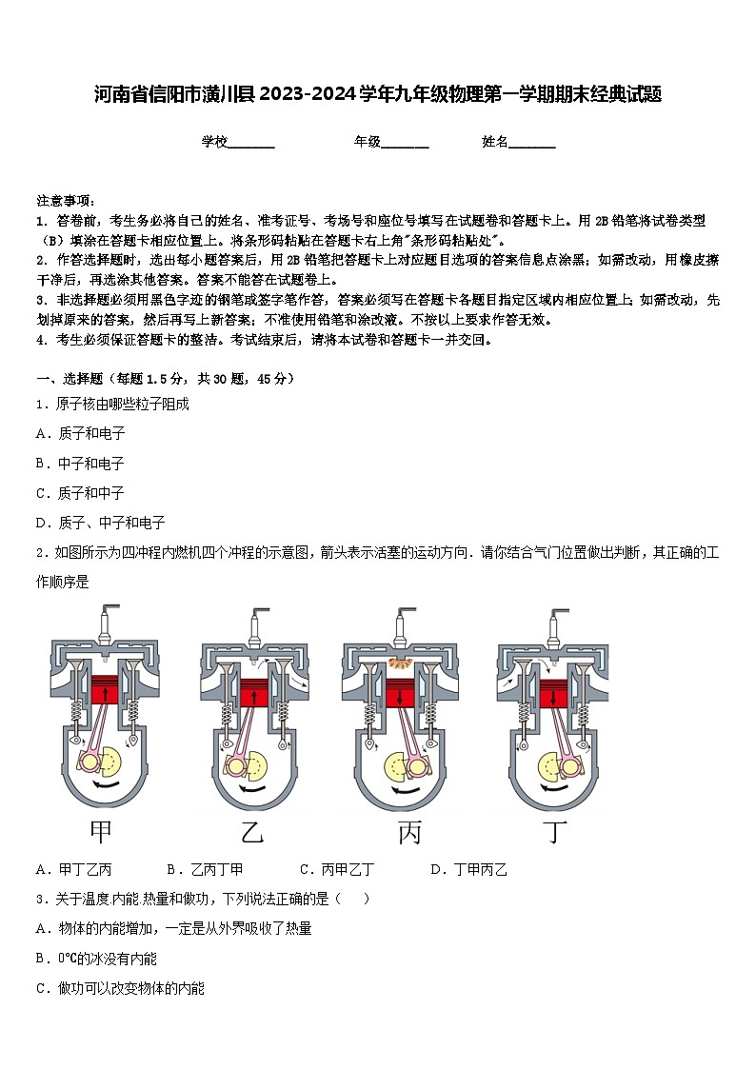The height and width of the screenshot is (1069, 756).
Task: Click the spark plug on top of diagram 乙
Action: point(254,624)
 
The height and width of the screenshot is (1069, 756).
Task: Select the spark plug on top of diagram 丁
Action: point(552,624)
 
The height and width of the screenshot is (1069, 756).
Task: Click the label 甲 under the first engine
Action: point(101,832)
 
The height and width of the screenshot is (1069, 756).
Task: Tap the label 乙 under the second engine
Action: point(252,832)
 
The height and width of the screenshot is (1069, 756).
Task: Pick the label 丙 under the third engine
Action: point(409,832)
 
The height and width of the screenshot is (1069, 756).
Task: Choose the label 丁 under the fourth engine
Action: point(554,832)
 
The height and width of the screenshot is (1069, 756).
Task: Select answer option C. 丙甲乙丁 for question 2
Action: point(336,869)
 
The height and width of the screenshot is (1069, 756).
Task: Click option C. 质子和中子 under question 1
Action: point(80,493)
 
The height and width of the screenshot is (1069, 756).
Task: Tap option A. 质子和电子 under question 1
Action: point(80,433)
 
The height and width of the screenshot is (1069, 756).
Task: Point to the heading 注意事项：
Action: point(65,201)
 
